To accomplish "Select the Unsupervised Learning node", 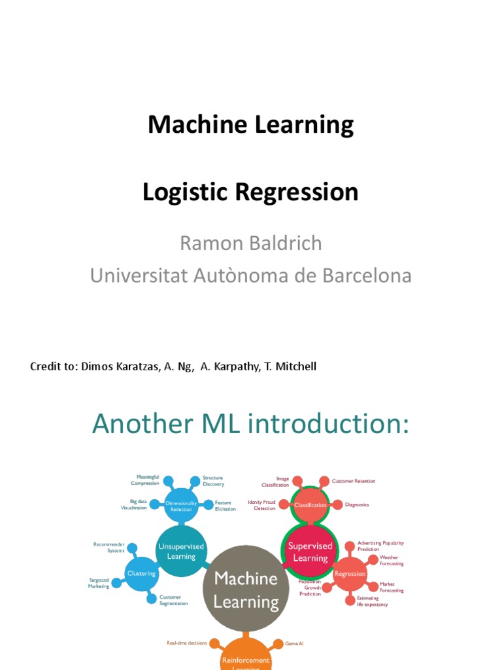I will tap(181, 551).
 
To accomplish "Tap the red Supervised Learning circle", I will tap(310, 552).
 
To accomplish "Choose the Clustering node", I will tap(141, 574).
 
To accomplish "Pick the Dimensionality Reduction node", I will tap(181, 506).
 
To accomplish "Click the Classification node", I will tap(310, 505).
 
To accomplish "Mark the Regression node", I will tap(350, 574).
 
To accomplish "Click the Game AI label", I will tap(294, 643).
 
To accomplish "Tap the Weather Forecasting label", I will tap(392, 560).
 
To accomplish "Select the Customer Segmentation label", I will tap(173, 600).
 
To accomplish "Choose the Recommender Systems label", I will tap(109, 547).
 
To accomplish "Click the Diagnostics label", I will tap(357, 504).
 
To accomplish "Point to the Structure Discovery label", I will tap(213, 481).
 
